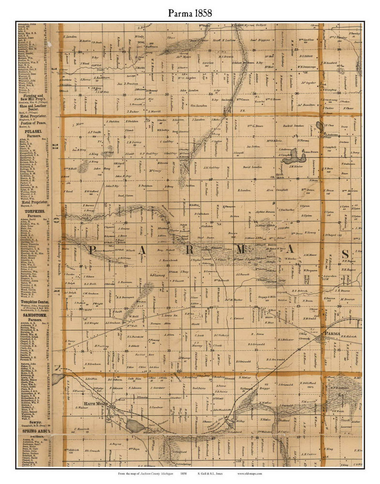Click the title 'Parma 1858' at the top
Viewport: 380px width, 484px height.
190,13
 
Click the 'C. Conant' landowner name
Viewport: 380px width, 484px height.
237,318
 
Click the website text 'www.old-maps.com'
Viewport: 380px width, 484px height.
250,473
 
